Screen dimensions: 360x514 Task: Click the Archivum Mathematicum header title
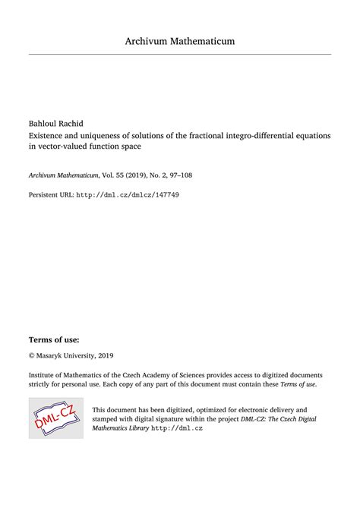coord(180,40)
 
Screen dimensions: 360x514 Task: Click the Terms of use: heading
coord(54,339)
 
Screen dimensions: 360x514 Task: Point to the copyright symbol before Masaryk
coord(32,355)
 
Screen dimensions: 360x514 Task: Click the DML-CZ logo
coord(56,416)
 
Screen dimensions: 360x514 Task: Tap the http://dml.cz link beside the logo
coord(177,428)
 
